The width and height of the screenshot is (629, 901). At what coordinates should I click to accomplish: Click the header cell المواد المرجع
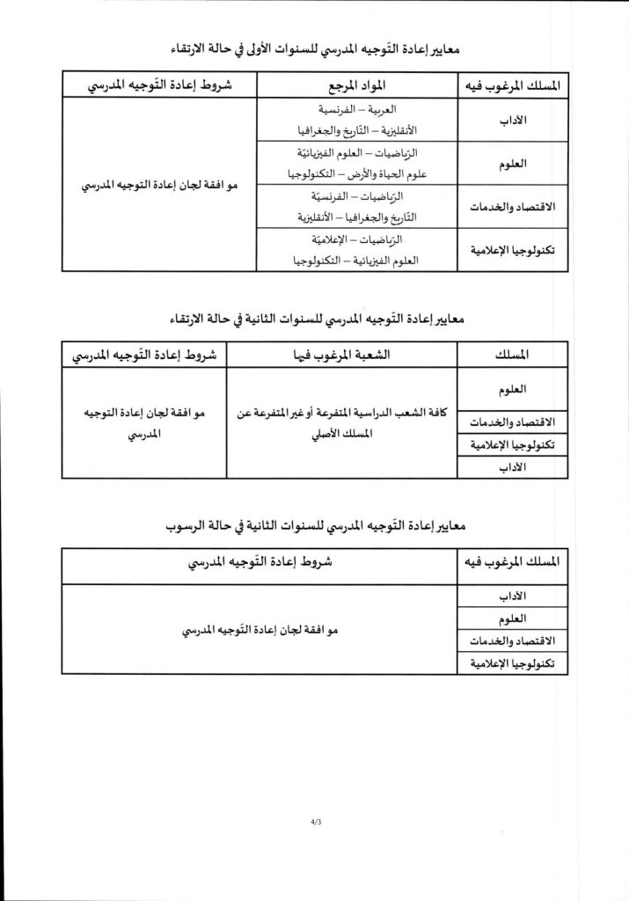[x=356, y=84]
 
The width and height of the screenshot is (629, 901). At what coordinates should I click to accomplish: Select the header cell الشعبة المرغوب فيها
[x=340, y=355]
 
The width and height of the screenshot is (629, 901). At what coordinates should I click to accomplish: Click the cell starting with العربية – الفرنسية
[x=356, y=119]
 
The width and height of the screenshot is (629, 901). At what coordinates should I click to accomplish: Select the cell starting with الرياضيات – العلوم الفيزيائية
[x=356, y=163]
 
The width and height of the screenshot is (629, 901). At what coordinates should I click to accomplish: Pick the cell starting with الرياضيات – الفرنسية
[x=356, y=206]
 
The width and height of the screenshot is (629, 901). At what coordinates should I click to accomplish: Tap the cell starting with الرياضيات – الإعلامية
[x=356, y=250]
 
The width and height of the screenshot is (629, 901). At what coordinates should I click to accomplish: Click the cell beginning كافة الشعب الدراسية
[x=342, y=423]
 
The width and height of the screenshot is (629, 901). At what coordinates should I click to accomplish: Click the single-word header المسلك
[x=513, y=355]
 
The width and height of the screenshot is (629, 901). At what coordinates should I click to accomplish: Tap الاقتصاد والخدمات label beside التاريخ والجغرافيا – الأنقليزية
[x=514, y=206]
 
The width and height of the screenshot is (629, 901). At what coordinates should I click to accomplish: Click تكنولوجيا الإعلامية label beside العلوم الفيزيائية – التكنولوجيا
[x=514, y=250]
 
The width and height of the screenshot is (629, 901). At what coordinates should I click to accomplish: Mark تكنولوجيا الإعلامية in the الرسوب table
[x=514, y=663]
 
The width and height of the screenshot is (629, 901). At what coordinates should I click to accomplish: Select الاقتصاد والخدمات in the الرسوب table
[x=514, y=641]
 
